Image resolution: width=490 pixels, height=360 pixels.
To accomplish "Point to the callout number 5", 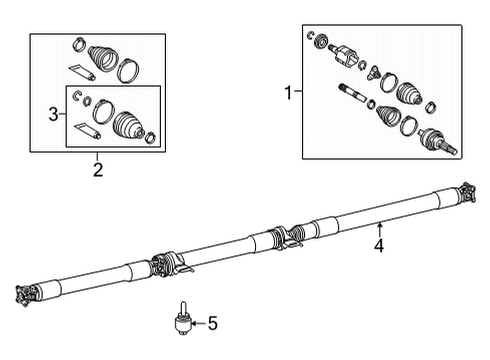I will [x=211, y=323].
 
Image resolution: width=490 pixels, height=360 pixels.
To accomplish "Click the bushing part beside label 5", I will [x=183, y=322].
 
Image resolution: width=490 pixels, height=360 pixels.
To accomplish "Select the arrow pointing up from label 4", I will [x=380, y=219].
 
